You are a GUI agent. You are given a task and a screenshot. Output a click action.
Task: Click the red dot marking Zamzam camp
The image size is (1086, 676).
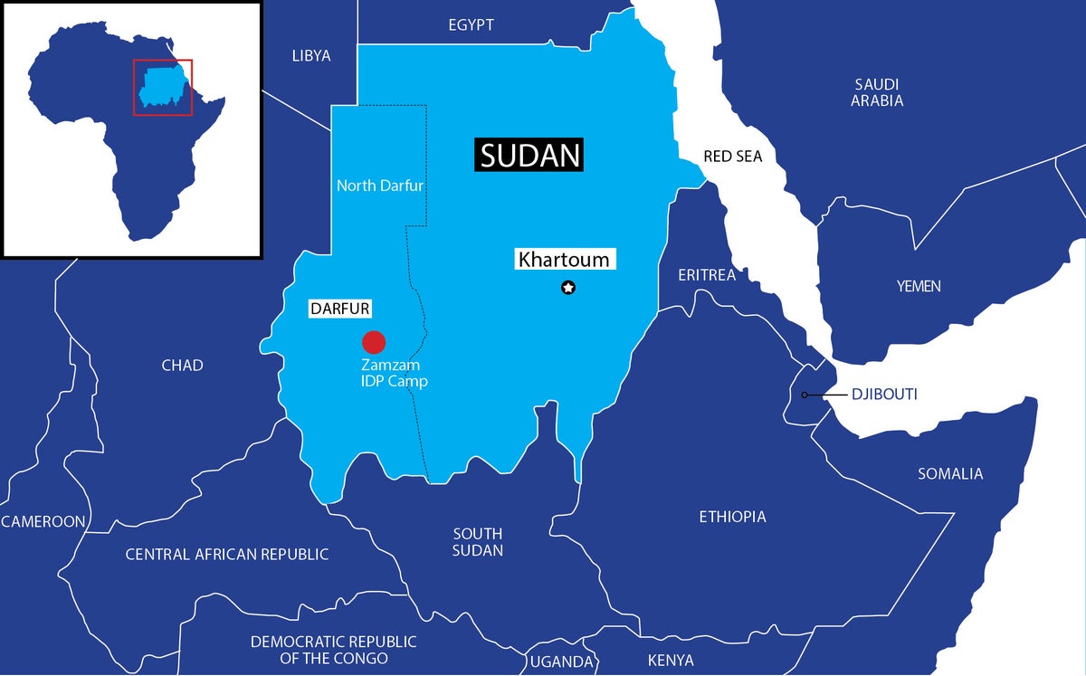374,342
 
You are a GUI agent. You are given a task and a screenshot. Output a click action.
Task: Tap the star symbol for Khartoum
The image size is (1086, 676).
568,288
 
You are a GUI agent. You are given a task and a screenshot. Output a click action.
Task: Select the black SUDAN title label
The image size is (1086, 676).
529,156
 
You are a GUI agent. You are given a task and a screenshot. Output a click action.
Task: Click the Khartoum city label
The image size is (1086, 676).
563,260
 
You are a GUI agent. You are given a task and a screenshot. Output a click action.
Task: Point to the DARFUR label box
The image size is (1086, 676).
339,309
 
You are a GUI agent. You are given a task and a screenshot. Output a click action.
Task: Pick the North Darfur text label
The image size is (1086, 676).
380,186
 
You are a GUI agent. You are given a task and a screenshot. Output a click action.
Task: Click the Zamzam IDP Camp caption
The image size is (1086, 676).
394,373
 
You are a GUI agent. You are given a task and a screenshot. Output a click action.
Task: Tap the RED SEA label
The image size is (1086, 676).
732,157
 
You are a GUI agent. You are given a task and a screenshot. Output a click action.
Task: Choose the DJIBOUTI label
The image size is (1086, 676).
884,395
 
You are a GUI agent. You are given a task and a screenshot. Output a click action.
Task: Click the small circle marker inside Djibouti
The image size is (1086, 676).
805,395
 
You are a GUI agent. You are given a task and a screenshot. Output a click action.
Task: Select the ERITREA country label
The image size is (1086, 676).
707,274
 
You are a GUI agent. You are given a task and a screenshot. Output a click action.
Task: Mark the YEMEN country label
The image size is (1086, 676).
919,286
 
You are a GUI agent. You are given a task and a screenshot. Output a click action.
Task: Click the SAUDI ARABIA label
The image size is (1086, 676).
876,92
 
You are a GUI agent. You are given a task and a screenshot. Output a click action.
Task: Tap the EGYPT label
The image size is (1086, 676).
471,25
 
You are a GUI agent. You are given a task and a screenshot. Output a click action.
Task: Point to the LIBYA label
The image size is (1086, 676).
310,56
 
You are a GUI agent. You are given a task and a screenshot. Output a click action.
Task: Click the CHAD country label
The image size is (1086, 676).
182,365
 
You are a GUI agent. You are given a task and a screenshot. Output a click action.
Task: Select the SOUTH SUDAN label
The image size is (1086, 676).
477,541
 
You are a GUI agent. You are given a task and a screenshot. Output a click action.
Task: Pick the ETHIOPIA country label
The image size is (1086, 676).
732,517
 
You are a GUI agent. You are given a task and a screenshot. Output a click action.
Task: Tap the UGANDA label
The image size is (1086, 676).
561,662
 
